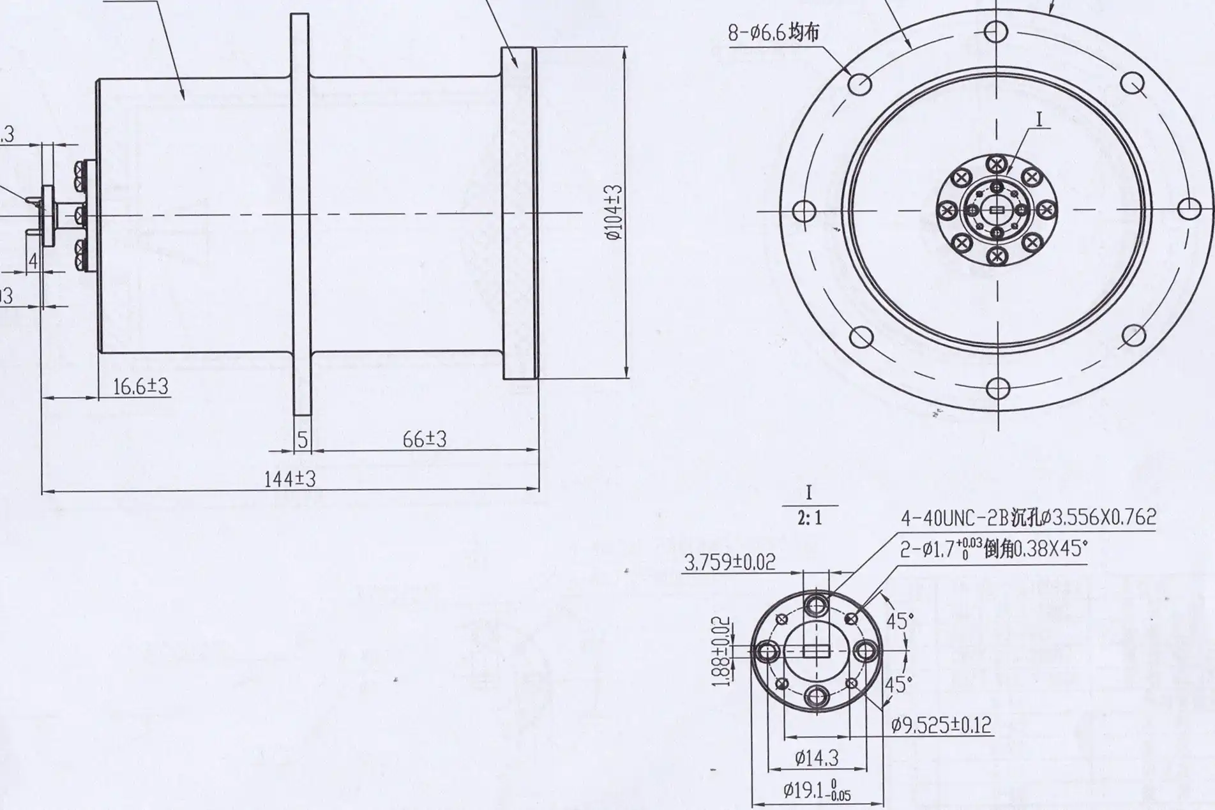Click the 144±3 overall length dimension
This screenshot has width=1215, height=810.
pyautogui.click(x=290, y=479)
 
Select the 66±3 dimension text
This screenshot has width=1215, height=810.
pyautogui.click(x=424, y=439)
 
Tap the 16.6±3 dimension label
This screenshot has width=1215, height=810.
pyautogui.click(x=140, y=386)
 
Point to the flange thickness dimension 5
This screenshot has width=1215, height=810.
pyautogui.click(x=303, y=440)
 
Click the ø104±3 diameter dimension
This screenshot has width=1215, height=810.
pyautogui.click(x=614, y=213)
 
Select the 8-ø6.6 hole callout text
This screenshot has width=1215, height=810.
pyautogui.click(x=773, y=33)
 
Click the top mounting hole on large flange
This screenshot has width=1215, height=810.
pyautogui.click(x=995, y=31)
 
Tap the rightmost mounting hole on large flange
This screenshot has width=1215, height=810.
pyautogui.click(x=1189, y=209)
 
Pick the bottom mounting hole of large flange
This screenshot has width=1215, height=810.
pyautogui.click(x=997, y=388)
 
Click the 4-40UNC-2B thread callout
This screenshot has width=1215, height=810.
pyautogui.click(x=1028, y=517)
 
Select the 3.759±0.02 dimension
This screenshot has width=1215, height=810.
pyautogui.click(x=729, y=562)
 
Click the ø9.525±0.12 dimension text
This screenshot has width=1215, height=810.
pyautogui.click(x=941, y=725)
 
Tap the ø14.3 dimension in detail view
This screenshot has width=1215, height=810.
pyautogui.click(x=816, y=758)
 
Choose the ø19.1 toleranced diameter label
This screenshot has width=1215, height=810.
pyautogui.click(x=817, y=791)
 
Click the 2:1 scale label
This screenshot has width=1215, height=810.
pyautogui.click(x=809, y=518)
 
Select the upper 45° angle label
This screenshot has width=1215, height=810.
pyautogui.click(x=900, y=620)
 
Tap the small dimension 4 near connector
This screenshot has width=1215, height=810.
pyautogui.click(x=33, y=260)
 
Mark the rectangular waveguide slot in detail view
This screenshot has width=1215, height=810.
pyautogui.click(x=817, y=651)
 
